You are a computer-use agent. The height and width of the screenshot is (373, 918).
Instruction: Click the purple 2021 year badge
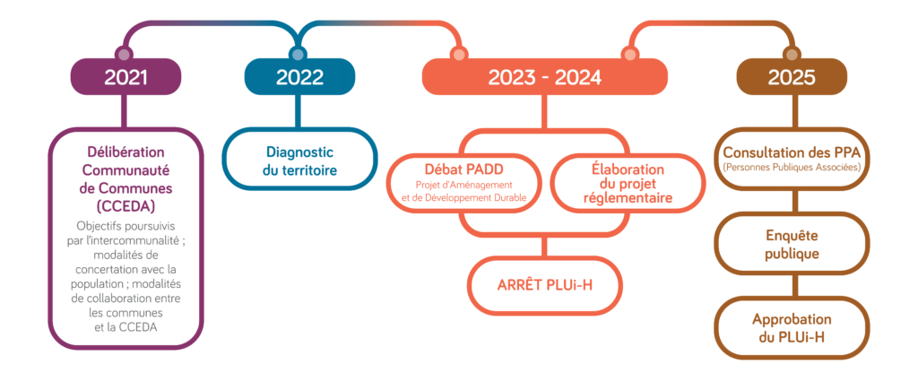point(126,77)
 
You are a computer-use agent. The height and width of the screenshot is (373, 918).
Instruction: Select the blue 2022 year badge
point(299,77)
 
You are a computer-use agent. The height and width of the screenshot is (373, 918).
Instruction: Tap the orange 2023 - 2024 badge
point(545,77)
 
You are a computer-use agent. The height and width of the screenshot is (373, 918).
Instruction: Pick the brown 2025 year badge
point(791,77)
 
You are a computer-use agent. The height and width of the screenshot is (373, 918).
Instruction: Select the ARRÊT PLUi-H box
point(544,285)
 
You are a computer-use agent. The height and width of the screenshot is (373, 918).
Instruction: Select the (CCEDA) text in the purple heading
point(126,207)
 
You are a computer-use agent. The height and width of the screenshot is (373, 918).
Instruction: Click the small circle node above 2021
point(124,55)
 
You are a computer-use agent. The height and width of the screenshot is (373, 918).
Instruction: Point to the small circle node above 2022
point(298,55)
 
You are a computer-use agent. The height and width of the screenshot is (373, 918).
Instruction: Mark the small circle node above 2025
point(791,55)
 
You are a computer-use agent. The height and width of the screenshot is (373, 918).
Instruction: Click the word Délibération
point(126,152)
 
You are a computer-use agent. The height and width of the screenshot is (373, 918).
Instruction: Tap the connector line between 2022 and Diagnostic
point(299,111)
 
